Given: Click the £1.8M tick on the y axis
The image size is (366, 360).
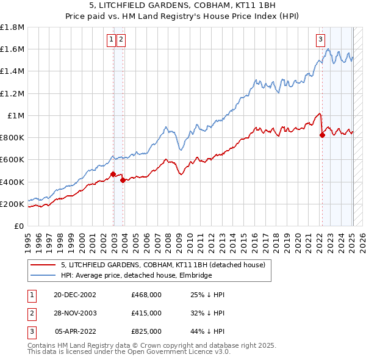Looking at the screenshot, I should [x=12, y=27].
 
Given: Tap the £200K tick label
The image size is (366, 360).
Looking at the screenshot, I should [x=12, y=204].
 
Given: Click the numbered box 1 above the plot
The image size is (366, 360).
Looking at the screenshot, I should [x=112, y=40].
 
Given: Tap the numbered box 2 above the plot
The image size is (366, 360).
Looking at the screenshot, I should [x=120, y=40].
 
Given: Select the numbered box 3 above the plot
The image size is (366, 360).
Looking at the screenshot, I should [x=320, y=40].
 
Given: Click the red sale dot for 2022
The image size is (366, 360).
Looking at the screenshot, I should [x=322, y=135].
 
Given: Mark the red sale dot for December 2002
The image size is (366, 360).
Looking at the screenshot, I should [x=113, y=175].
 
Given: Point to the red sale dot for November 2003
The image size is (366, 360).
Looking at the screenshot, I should [x=123, y=180].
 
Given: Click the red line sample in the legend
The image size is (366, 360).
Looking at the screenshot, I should [x=43, y=265].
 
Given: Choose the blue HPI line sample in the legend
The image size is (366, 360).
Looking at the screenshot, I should [x=43, y=275].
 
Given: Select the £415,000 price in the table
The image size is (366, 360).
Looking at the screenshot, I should [x=146, y=313].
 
